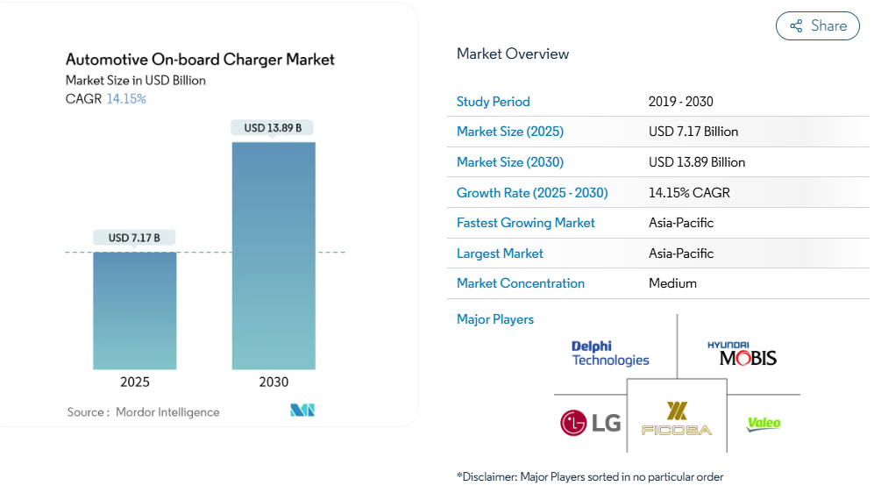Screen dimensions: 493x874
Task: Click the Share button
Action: (817, 26)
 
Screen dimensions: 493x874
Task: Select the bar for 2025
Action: (135, 311)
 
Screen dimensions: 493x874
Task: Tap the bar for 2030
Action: (274, 255)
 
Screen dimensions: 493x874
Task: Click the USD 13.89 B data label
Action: (273, 128)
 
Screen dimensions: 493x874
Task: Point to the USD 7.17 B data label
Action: (135, 238)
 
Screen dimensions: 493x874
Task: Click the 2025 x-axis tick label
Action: (135, 382)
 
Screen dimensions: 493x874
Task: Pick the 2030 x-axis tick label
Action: (274, 382)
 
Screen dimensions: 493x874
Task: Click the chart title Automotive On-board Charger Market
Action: (200, 60)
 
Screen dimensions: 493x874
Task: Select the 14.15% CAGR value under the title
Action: (126, 99)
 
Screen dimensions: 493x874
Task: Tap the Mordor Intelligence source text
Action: (167, 412)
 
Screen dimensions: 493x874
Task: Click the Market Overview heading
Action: (513, 54)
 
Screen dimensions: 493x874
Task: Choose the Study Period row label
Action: (494, 102)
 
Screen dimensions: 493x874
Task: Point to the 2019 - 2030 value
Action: (681, 102)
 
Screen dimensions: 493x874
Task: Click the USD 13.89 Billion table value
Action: (697, 162)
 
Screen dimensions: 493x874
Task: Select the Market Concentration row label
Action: (521, 283)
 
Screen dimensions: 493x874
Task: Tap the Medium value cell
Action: (673, 283)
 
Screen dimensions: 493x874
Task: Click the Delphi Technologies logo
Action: (610, 354)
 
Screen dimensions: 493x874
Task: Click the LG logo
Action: (590, 424)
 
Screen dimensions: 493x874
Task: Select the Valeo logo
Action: (763, 424)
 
